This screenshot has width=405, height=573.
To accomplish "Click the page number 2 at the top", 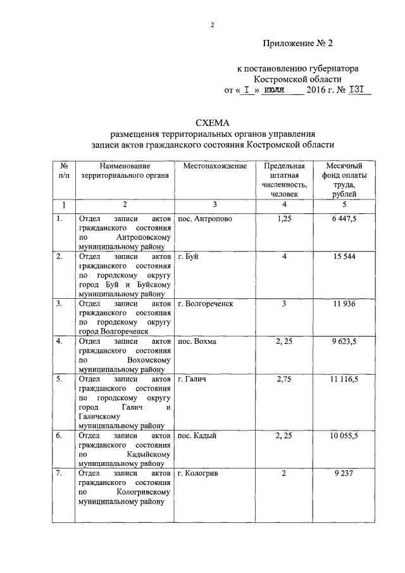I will [x=212, y=25].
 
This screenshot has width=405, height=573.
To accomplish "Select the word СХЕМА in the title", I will [x=212, y=122].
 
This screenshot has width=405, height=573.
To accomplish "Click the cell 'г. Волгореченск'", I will [x=205, y=303].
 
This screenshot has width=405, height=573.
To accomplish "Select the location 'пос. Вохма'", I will [x=197, y=341].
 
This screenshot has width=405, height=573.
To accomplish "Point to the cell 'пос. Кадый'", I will [x=197, y=436].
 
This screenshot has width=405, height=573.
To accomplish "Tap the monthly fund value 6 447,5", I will [x=344, y=218].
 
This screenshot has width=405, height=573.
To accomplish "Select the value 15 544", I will [x=344, y=256].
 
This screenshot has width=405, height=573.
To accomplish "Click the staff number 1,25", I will [x=283, y=218].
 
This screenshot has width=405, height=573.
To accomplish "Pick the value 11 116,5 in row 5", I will [x=344, y=379].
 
